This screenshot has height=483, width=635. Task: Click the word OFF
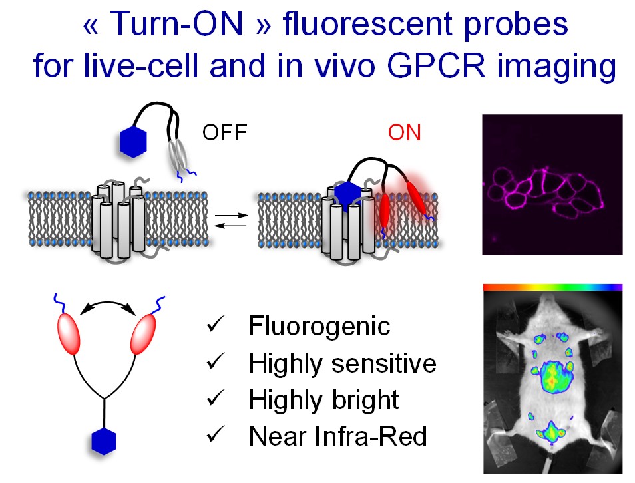click(225, 132)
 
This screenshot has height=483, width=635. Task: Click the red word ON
click(405, 132)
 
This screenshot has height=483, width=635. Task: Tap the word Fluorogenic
click(319, 326)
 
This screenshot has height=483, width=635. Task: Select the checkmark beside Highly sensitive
click(216, 361)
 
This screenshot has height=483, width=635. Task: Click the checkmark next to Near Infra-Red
click(216, 434)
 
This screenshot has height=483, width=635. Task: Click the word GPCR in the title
click(436, 65)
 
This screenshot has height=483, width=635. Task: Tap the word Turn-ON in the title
click(176, 23)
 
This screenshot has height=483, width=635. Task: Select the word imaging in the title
click(556, 67)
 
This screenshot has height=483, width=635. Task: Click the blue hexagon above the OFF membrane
click(133, 142)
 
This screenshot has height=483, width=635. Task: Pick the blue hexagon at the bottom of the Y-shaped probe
click(104, 441)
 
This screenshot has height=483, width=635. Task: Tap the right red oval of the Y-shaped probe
click(143, 334)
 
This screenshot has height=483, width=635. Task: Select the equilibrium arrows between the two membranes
click(230, 220)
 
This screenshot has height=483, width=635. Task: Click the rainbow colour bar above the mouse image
click(552, 287)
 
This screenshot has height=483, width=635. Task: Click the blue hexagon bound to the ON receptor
click(348, 197)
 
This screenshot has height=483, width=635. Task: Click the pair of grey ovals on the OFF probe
click(178, 155)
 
